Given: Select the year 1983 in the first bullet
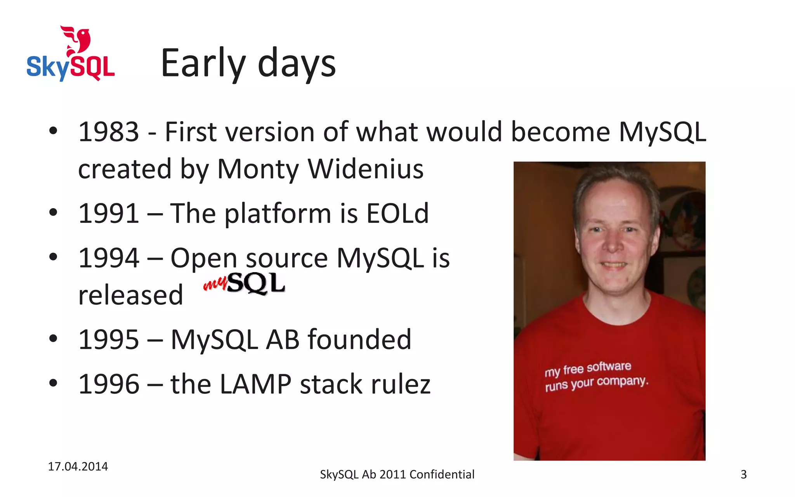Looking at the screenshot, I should (108, 132).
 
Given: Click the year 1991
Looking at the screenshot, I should (108, 214).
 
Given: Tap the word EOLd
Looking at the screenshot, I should (397, 214).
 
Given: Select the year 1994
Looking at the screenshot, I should (108, 258).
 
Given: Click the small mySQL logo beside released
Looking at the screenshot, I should (245, 283).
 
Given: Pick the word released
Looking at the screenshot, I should (130, 295).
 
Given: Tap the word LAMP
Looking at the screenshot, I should (255, 384).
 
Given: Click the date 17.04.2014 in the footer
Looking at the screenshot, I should (78, 466).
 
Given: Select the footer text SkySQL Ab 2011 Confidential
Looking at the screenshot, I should (397, 474).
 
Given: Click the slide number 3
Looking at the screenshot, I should (743, 474).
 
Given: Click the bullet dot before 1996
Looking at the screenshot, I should (53, 383).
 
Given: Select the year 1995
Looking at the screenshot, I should (108, 340).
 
